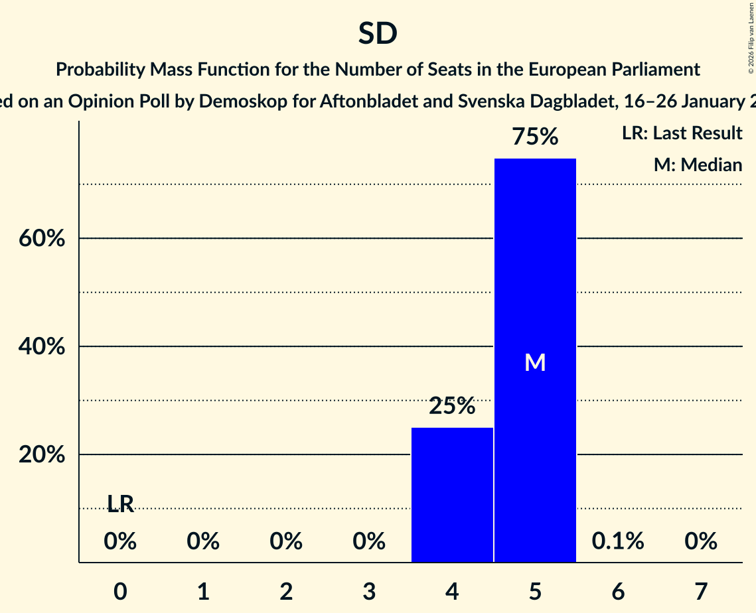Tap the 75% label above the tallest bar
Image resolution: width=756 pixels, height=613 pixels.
[535, 137]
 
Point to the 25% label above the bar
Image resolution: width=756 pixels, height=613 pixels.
[452, 406]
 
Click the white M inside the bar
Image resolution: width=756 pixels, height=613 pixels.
[535, 362]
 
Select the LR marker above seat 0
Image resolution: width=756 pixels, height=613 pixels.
[120, 505]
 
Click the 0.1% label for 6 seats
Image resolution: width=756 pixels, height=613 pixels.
[618, 541]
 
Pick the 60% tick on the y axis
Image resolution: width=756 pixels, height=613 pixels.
[42, 239]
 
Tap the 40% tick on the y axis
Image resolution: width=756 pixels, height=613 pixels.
[42, 347]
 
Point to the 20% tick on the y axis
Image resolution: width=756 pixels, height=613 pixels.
[42, 455]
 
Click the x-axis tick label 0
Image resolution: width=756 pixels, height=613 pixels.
[120, 590]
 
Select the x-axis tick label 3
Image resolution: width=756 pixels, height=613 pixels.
[369, 590]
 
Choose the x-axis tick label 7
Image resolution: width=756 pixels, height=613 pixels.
[701, 590]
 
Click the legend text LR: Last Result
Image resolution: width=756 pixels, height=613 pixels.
[682, 133]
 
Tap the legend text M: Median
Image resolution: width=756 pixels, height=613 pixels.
[698, 165]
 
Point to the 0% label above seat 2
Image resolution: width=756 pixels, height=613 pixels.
[286, 541]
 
